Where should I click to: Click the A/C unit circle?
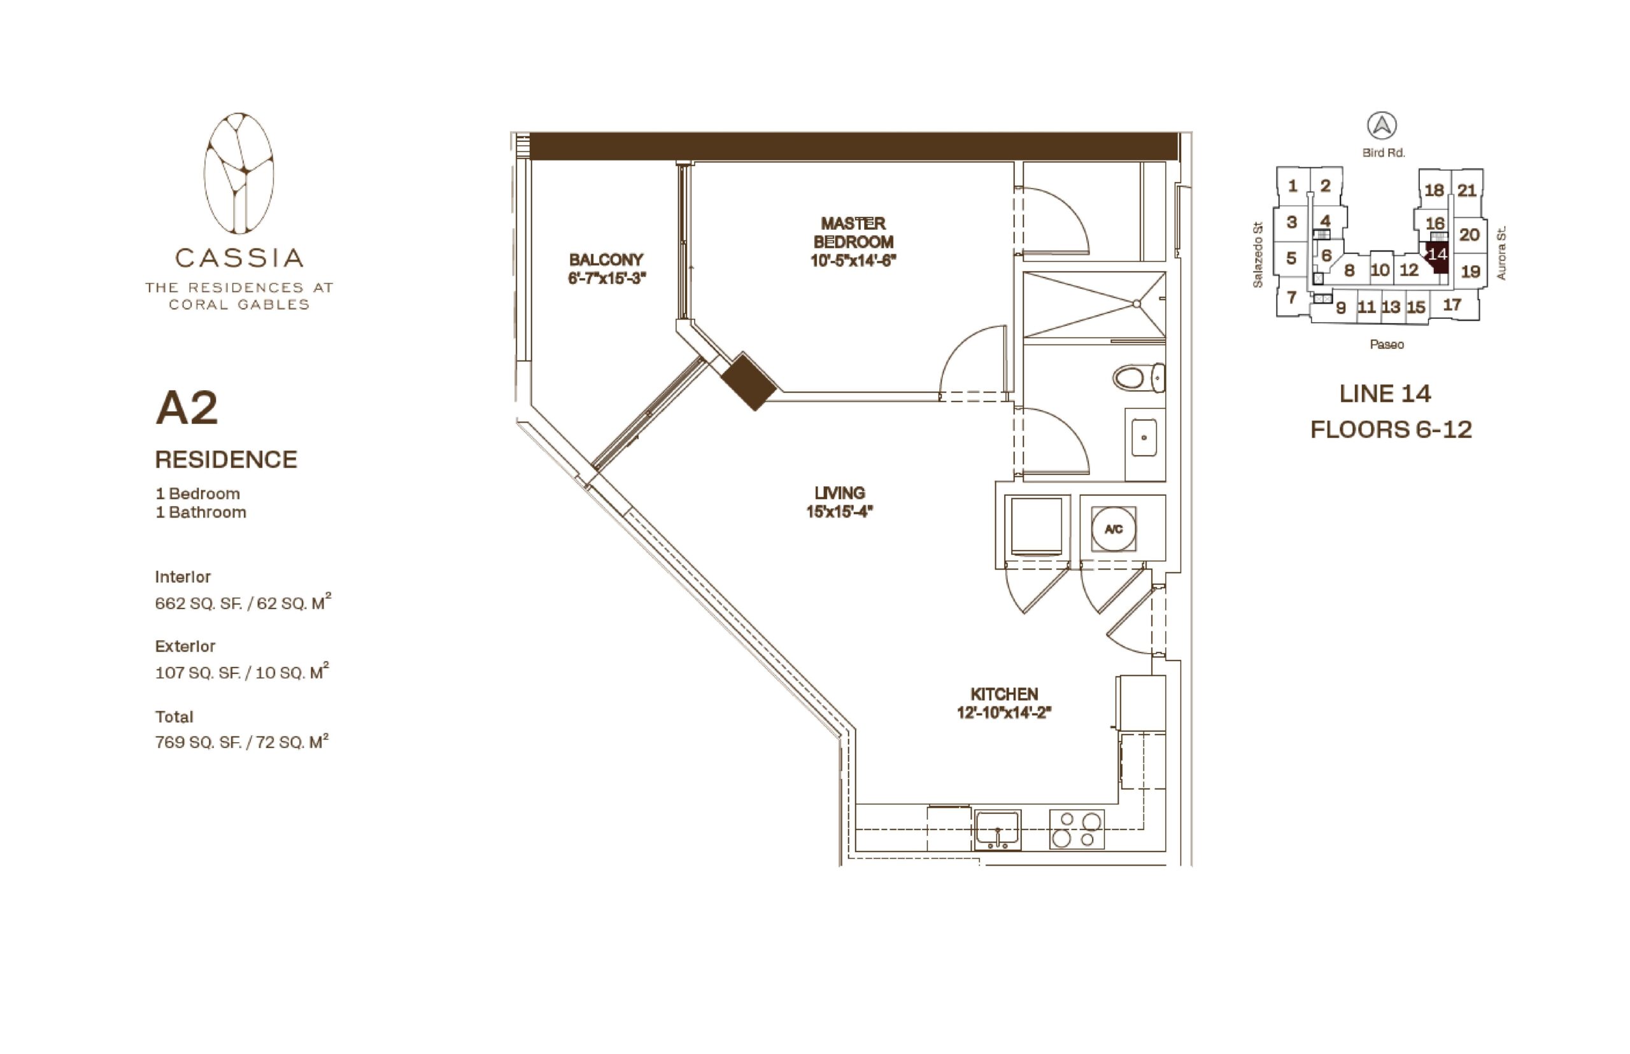(1113, 529)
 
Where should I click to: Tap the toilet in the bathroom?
(1138, 377)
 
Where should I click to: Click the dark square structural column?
(749, 381)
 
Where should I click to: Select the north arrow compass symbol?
(1382, 126)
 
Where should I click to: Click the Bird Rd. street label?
(1383, 153)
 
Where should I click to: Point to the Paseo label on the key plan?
(1386, 344)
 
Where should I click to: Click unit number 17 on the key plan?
(1451, 306)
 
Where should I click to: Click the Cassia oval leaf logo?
(238, 173)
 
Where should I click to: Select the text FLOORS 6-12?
(1391, 430)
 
